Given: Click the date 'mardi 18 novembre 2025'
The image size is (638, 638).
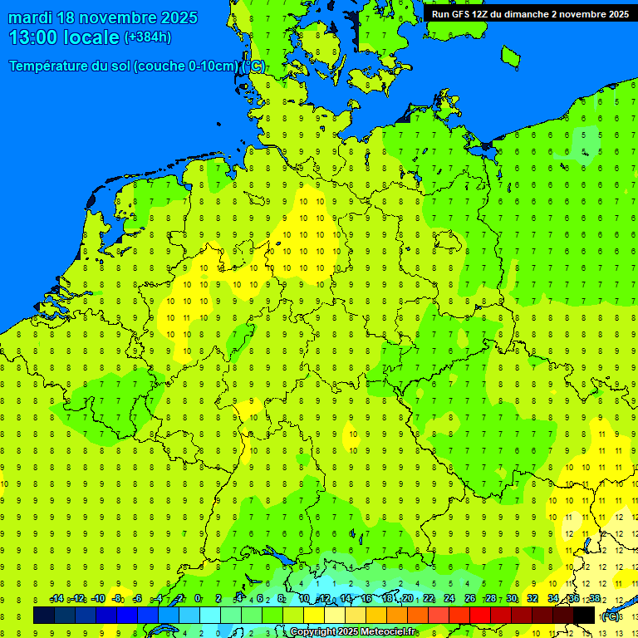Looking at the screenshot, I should point(103,17).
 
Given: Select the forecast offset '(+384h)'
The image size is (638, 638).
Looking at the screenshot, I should point(147,37).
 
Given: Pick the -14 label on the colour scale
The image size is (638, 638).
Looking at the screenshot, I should point(56,599).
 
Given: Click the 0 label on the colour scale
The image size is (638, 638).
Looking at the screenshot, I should point(198,599).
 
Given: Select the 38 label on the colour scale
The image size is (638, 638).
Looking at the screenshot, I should point(594,599).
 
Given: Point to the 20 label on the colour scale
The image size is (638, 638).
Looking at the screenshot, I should point(407,599).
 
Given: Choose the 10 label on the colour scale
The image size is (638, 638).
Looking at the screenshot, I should point(304,599).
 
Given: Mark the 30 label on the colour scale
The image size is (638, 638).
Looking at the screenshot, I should point(511,599).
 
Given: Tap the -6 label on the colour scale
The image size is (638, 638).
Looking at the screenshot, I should point(138,599).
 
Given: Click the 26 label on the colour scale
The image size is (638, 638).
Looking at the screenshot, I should point(469,599).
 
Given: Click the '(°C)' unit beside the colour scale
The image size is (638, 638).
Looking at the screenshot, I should point(611,616).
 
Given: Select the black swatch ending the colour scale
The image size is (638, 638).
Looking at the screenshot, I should point(584,616).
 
